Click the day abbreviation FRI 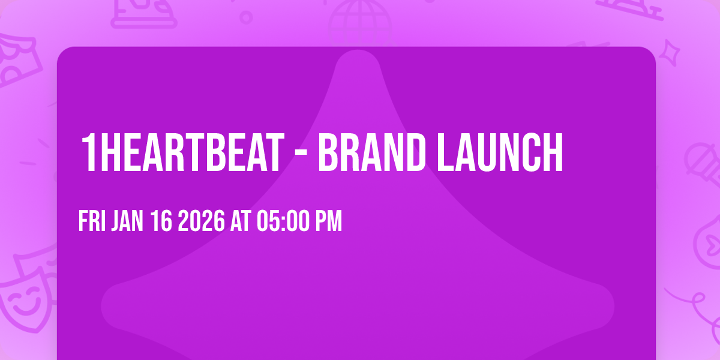[x=92, y=222]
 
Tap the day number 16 [x=161, y=222]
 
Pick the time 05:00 [x=284, y=222]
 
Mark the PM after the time [x=329, y=222]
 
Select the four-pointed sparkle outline [x=673, y=52]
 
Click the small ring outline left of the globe [x=245, y=17]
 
